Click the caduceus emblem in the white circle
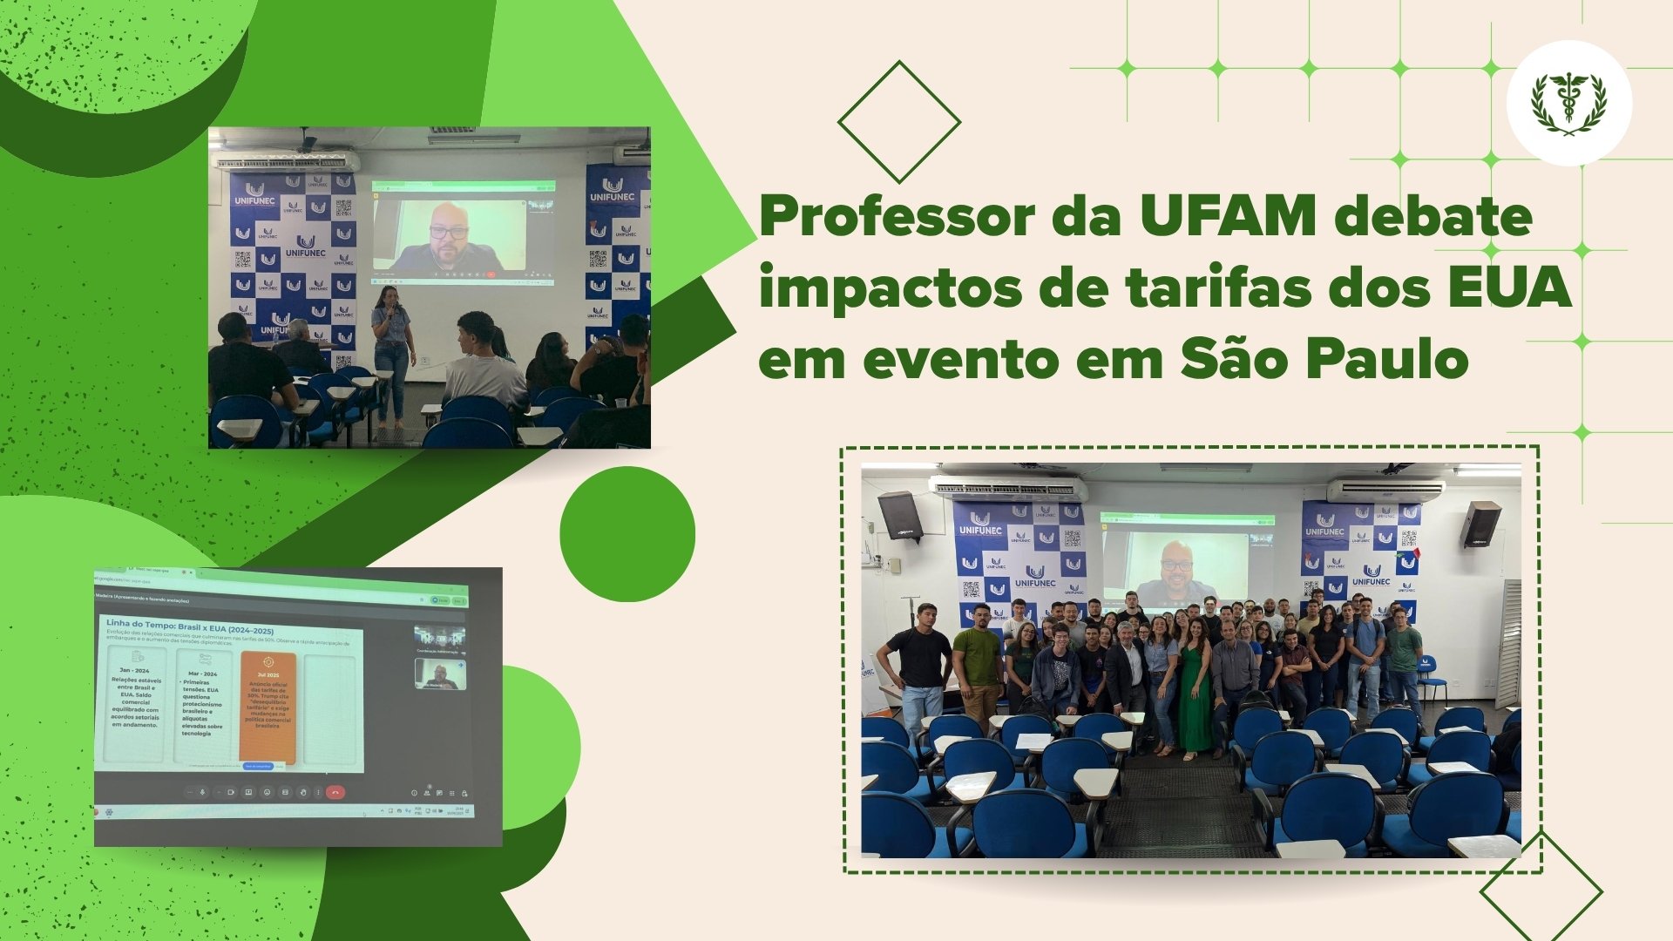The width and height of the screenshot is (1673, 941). click(1568, 104)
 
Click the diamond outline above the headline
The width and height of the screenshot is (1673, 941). click(898, 121)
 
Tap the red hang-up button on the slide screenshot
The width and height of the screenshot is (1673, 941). click(335, 792)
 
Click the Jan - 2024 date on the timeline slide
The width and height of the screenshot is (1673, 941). click(134, 671)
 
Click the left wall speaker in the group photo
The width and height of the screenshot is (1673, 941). click(900, 515)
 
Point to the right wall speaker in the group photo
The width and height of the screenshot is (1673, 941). click(1480, 524)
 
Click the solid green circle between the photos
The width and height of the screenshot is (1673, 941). click(627, 533)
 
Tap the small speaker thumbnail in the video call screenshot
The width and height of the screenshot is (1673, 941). click(440, 674)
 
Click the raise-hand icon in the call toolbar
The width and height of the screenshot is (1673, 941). click(303, 792)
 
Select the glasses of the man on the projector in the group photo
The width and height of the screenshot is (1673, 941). click(1175, 565)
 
